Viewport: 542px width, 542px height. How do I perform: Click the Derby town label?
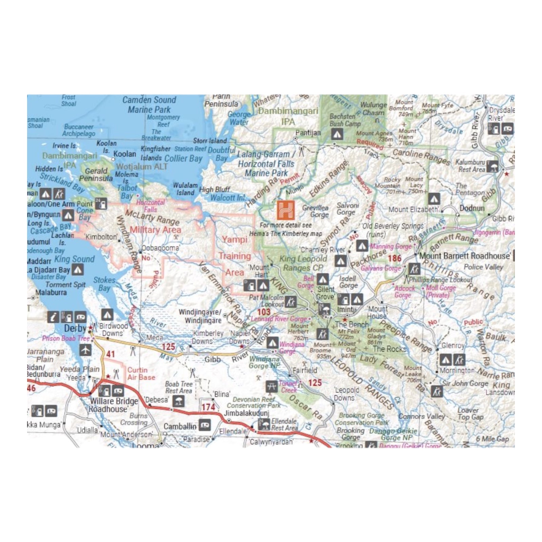(75, 328)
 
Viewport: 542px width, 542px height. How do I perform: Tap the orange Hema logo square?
(286, 210)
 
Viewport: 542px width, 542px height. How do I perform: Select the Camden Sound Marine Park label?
(149, 105)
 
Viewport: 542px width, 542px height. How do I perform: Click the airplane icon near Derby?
(85, 350)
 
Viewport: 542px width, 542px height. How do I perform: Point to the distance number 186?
(394, 259)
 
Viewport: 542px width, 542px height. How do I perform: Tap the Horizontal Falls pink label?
(150, 206)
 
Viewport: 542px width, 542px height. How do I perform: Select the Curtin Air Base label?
(141, 374)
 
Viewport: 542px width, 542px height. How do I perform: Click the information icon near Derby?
(53, 317)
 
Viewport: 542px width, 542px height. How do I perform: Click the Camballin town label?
(180, 426)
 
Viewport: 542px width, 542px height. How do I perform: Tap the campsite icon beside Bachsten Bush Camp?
(336, 135)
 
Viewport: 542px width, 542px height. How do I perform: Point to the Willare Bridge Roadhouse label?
(113, 405)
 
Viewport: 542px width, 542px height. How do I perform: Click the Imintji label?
(347, 309)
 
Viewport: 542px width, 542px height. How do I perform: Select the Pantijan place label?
(308, 132)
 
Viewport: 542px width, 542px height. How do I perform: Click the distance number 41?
(111, 354)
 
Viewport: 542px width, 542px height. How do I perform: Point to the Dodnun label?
(472, 208)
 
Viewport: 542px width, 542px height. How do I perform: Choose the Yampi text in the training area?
(234, 239)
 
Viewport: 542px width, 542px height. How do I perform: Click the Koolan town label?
(125, 154)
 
